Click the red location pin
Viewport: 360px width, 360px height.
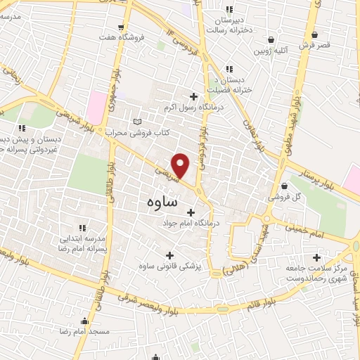(181, 165)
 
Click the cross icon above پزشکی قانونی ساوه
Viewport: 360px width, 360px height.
(168, 255)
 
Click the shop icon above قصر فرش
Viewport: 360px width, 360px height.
(314, 34)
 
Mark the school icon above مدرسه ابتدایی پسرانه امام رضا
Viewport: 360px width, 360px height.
(82, 227)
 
